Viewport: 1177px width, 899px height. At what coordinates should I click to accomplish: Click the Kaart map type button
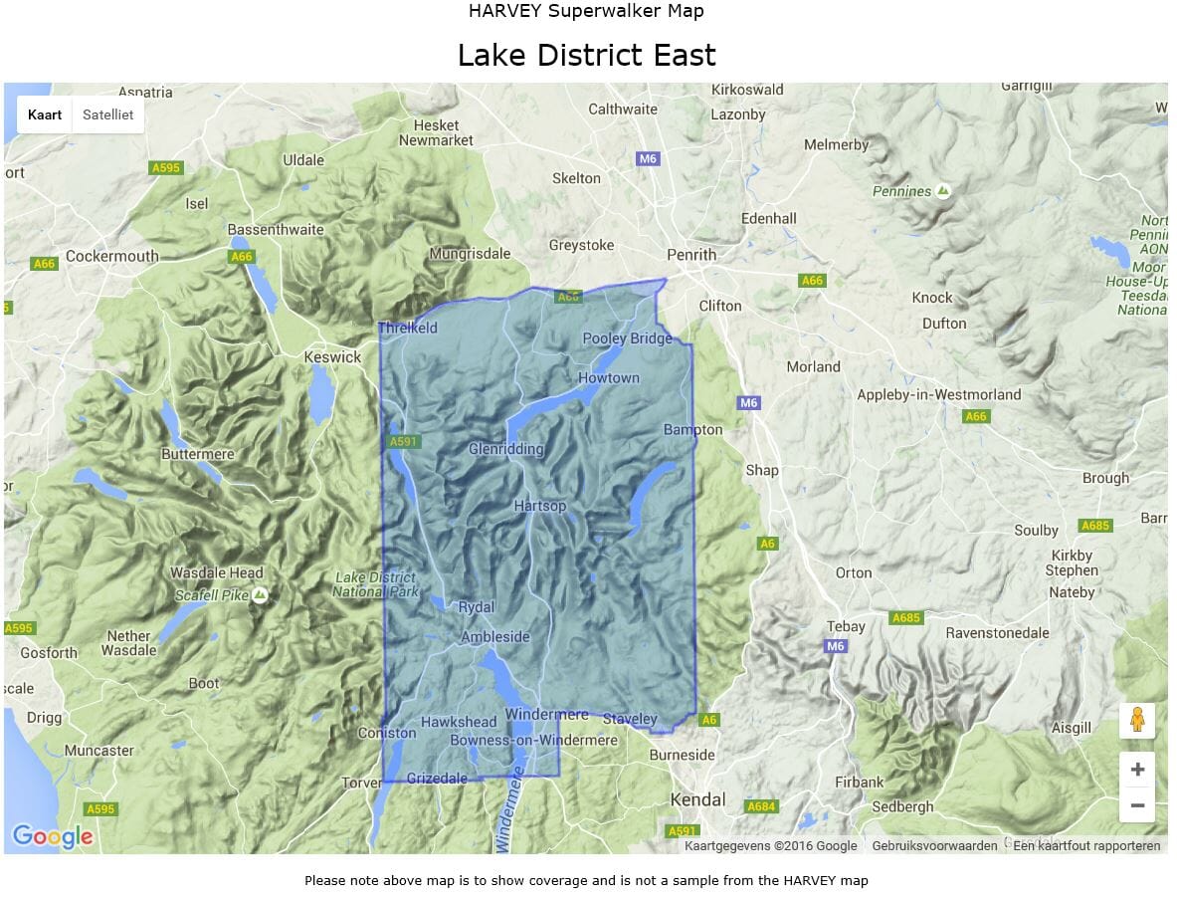tap(45, 115)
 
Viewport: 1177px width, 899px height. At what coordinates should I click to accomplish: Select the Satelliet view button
tap(107, 115)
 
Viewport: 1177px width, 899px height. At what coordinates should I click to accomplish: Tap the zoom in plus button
tap(1137, 770)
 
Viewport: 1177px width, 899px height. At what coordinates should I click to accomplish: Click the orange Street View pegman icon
tap(1137, 720)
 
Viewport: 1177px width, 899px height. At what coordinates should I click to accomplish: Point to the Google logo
tap(52, 836)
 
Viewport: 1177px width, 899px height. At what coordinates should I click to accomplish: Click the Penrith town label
tap(691, 255)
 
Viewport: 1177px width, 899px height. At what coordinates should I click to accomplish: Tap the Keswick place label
tap(332, 357)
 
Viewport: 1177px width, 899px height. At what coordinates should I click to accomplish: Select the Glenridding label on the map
tap(506, 449)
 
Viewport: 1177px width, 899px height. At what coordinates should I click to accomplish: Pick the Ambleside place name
tap(495, 637)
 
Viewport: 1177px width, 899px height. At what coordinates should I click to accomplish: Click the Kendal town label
tap(697, 799)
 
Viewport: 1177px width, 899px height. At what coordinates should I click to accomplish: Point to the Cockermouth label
tap(111, 256)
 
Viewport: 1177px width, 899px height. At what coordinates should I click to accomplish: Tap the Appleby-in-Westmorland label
tap(939, 395)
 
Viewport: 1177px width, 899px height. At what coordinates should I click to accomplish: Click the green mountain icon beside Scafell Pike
tap(260, 595)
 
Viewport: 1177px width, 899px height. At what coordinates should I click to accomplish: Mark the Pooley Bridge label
tap(627, 338)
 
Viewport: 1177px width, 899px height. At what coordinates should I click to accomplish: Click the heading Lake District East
tap(586, 55)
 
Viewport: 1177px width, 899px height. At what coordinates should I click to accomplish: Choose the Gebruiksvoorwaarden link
tap(934, 846)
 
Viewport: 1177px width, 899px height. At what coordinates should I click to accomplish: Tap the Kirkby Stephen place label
tap(1072, 563)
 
